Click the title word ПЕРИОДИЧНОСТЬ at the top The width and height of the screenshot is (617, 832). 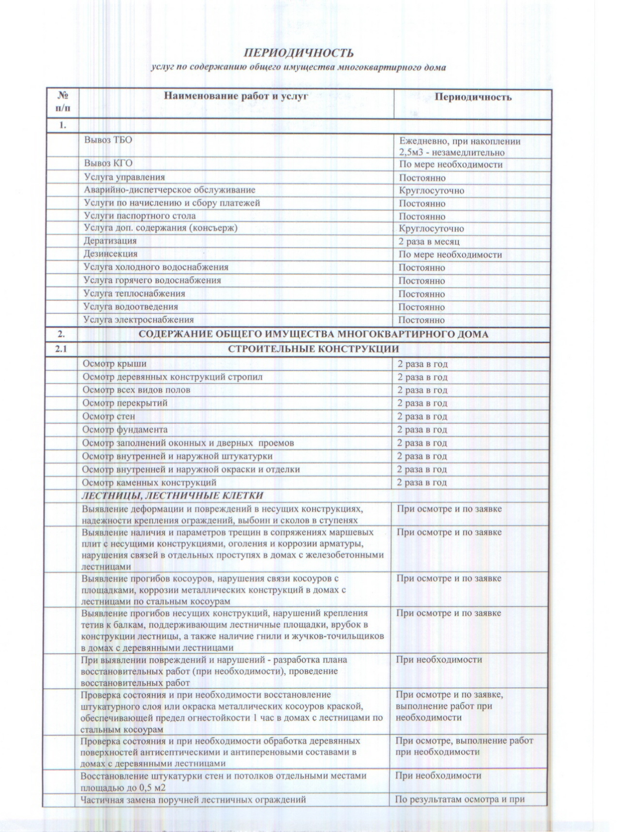pyautogui.click(x=299, y=53)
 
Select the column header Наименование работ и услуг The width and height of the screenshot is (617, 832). pyautogui.click(x=236, y=96)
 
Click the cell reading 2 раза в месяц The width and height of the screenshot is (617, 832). pyautogui.click(x=429, y=242)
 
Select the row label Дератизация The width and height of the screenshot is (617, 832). pyautogui.click(x=110, y=241)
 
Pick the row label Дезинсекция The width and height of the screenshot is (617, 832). pyautogui.click(x=111, y=254)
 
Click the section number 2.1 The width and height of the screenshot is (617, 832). pyautogui.click(x=61, y=348)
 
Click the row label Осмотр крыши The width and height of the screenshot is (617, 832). pyautogui.click(x=114, y=364)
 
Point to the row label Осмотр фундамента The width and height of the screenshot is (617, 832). pyautogui.click(x=125, y=430)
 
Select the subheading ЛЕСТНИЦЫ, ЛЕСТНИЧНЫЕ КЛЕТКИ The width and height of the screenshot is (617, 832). pyautogui.click(x=172, y=496)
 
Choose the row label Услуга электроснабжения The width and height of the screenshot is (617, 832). pyautogui.click(x=139, y=320)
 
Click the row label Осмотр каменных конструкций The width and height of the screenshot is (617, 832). pyautogui.click(x=149, y=483)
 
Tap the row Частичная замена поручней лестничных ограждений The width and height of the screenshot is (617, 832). pyautogui.click(x=194, y=800)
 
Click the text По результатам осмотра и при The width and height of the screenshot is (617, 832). pyautogui.click(x=460, y=800)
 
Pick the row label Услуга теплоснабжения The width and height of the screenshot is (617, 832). pyautogui.click(x=134, y=294)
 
